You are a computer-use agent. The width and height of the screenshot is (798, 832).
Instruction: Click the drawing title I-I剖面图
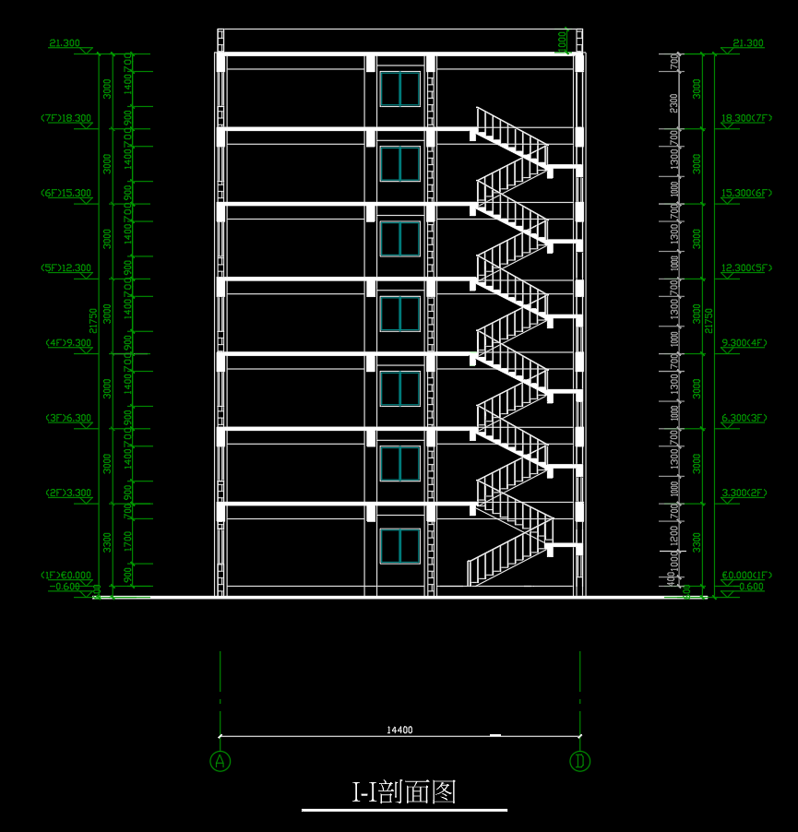click(404, 791)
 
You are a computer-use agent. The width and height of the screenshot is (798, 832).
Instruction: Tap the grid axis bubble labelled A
click(220, 761)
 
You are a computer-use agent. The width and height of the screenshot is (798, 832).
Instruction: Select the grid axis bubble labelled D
click(579, 761)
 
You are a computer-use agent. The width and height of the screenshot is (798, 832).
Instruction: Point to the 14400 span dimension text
click(399, 731)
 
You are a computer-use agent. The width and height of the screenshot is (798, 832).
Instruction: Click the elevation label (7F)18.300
click(66, 118)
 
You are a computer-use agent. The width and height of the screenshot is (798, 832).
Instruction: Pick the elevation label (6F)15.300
click(66, 194)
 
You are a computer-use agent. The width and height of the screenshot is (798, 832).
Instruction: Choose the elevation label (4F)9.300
click(68, 343)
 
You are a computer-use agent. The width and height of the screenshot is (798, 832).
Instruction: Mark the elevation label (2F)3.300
click(68, 493)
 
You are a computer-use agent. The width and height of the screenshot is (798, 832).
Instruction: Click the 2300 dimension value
click(674, 103)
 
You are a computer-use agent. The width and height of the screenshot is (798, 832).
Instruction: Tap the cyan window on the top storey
click(399, 89)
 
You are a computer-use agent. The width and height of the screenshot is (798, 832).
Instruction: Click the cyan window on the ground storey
click(399, 546)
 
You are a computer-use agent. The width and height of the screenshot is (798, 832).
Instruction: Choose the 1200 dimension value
click(674, 536)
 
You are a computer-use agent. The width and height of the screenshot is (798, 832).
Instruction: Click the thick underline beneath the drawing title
click(404, 810)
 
